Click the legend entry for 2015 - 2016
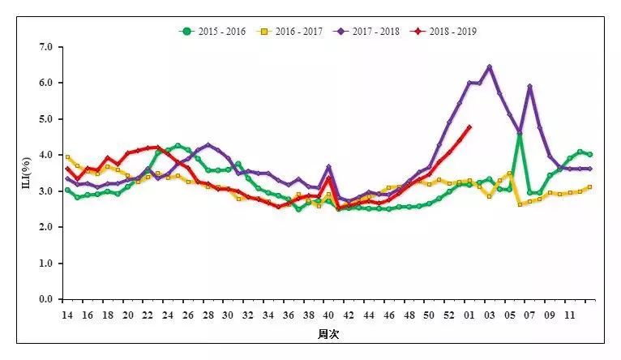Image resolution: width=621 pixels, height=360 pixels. pyautogui.click(x=214, y=32)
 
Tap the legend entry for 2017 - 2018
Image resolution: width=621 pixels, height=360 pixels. pyautogui.click(x=368, y=32)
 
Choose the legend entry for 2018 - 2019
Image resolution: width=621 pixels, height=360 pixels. pyautogui.click(x=444, y=32)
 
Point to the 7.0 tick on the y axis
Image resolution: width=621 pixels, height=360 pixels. pyautogui.click(x=45, y=47)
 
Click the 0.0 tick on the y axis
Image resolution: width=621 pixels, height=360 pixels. pyautogui.click(x=45, y=299)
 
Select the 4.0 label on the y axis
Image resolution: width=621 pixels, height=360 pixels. pyautogui.click(x=45, y=155)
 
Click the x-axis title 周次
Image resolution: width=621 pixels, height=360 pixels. pyautogui.click(x=328, y=334)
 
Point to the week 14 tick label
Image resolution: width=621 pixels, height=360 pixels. pyautogui.click(x=67, y=314)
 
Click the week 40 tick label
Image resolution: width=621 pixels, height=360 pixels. pyautogui.click(x=328, y=314)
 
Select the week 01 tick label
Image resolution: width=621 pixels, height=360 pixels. pyautogui.click(x=469, y=314)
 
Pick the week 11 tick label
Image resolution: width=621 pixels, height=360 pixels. pyautogui.click(x=570, y=314)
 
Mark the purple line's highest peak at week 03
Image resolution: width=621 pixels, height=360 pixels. pyautogui.click(x=490, y=67)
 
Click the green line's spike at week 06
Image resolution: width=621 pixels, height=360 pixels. pyautogui.click(x=520, y=135)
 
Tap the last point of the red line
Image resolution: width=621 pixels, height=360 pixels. pyautogui.click(x=469, y=126)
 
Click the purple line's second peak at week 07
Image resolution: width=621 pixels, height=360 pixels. pyautogui.click(x=529, y=87)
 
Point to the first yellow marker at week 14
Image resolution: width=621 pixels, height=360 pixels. pyautogui.click(x=67, y=157)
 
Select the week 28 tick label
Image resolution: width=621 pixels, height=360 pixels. pyautogui.click(x=208, y=314)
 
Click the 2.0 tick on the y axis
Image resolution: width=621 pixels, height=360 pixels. pyautogui.click(x=45, y=227)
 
